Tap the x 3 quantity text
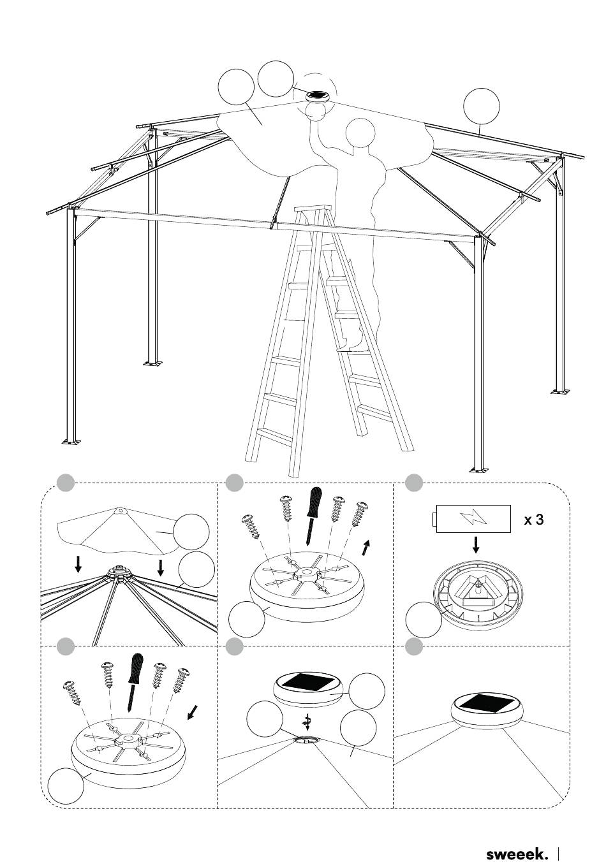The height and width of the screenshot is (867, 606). pos(534,520)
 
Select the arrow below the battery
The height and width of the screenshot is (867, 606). pos(476,544)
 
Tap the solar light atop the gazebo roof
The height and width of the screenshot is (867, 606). pos(318,96)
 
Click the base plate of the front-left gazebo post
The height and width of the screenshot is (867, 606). pos(71,441)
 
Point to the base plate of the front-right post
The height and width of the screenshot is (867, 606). pos(480,470)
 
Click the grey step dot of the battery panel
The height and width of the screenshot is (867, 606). pos(413,483)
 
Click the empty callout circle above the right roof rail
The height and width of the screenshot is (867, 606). pos(482,106)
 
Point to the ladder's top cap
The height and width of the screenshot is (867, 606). pos(309,210)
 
